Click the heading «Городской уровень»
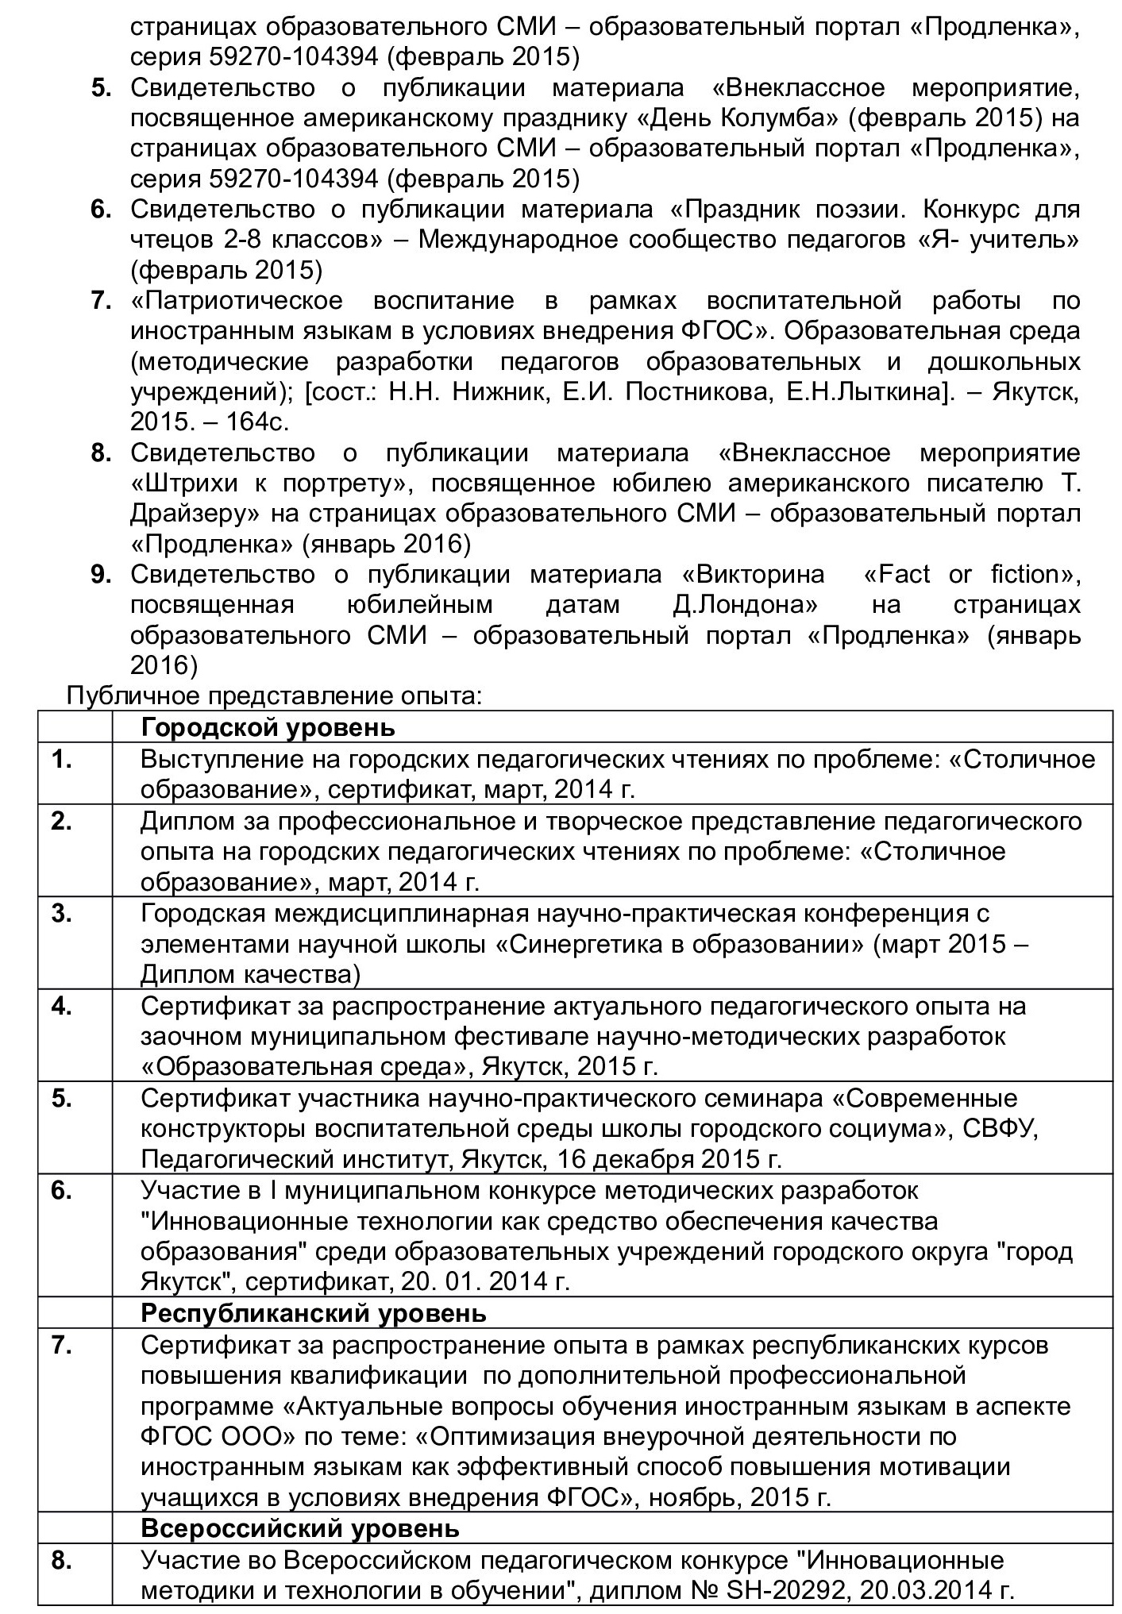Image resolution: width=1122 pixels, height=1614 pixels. [x=268, y=727]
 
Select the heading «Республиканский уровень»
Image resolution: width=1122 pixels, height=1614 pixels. [x=313, y=1313]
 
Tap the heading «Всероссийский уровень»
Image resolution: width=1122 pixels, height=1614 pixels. [x=300, y=1528]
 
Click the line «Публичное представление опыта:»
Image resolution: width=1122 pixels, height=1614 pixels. [x=274, y=696]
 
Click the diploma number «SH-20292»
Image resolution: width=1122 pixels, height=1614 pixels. [x=801, y=1590]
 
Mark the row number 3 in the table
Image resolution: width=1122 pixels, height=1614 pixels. [x=62, y=914]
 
